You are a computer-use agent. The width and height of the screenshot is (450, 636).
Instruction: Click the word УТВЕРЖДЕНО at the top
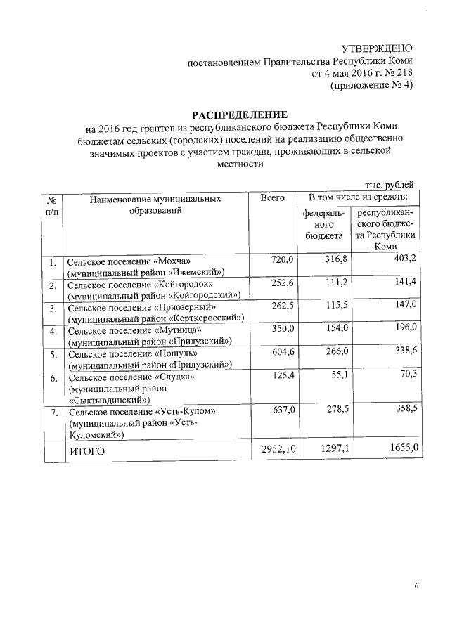pos(377,48)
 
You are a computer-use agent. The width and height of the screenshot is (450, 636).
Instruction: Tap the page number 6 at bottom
pos(416,586)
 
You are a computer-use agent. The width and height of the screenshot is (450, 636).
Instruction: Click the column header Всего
pos(272,199)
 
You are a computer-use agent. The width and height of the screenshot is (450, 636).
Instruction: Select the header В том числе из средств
pos(358,199)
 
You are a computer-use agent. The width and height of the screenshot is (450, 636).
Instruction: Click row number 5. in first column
pos(53,355)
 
